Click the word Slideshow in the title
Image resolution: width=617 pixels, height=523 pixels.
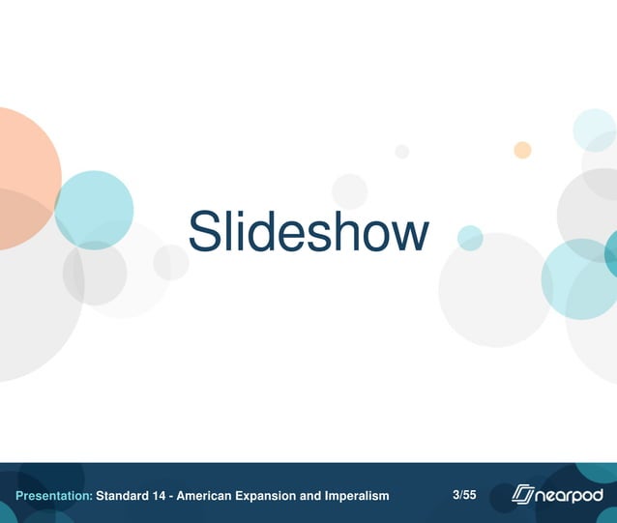tap(308, 232)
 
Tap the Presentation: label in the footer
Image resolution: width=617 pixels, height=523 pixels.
tap(54, 496)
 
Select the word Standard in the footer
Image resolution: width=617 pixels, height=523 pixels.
tap(123, 496)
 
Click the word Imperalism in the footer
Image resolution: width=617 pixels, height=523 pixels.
tap(356, 496)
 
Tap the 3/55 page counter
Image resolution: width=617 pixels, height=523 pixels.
tap(464, 495)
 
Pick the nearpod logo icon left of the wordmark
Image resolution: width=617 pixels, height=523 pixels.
tap(523, 495)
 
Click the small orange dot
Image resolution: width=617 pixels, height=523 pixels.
tap(522, 150)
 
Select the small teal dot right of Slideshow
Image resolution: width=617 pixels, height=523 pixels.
tap(470, 238)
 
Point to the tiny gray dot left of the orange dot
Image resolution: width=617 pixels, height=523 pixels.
tap(402, 152)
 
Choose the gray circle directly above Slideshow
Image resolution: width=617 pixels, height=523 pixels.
tap(349, 190)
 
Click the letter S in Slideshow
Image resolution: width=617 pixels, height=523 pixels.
tap(204, 232)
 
